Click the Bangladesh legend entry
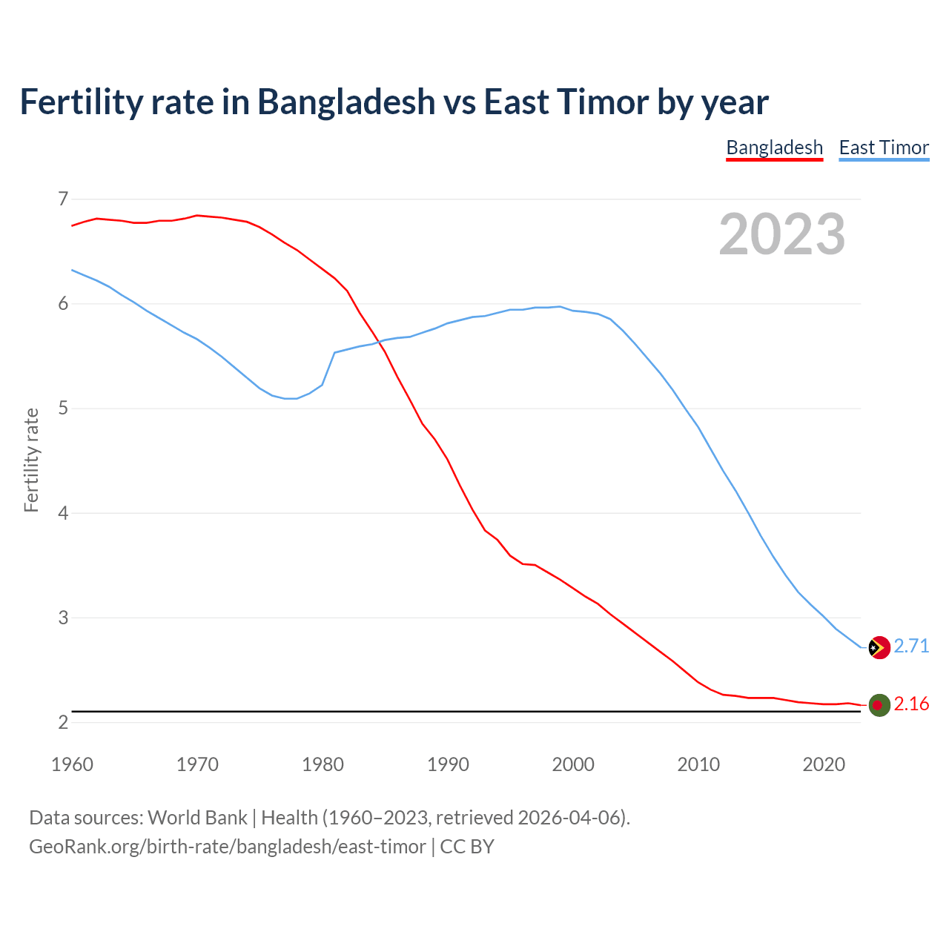[774, 148]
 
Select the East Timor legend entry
[884, 148]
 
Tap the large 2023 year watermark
[782, 234]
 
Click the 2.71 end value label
[911, 646]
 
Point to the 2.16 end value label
[911, 704]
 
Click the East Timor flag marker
[879, 647]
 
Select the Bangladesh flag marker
[879, 705]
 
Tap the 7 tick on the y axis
[63, 199]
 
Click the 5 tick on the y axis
[63, 409]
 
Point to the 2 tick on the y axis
[63, 722]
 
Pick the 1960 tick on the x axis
[72, 764]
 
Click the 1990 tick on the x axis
[448, 764]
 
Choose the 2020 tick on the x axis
[824, 764]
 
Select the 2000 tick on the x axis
[573, 764]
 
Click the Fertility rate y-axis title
[31, 460]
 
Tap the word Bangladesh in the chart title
[346, 102]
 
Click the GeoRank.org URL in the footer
[227, 846]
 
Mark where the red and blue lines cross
[378, 341]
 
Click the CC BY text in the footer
[467, 846]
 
